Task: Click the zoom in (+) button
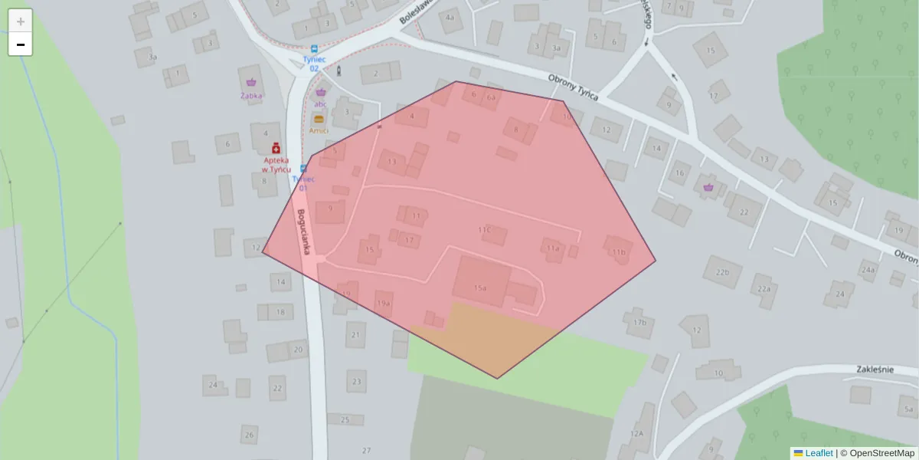pos(21,21)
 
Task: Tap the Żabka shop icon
pos(251,82)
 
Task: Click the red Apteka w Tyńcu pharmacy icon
pos(276,147)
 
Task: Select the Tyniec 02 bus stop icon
pos(314,48)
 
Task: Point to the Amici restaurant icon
pos(319,119)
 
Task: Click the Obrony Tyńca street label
pos(574,83)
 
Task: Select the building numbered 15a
pos(480,281)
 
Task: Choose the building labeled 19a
pos(383,302)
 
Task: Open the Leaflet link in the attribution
pos(819,453)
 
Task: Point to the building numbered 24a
pos(868,269)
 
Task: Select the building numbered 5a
pos(909,409)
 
